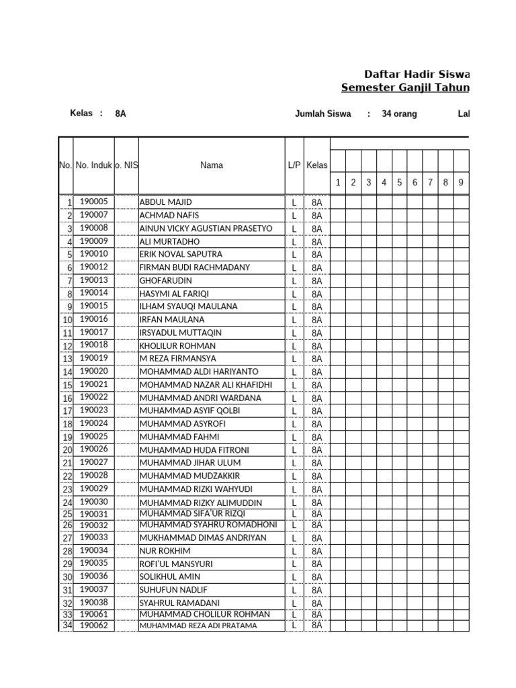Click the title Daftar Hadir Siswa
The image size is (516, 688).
click(417, 74)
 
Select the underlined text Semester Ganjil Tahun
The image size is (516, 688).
click(405, 87)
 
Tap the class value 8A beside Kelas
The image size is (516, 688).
click(120, 114)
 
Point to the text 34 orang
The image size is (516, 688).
click(399, 114)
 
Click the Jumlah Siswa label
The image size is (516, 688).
click(322, 114)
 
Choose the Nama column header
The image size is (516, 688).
click(212, 165)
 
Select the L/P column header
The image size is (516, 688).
click(294, 165)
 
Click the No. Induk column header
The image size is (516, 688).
click(93, 165)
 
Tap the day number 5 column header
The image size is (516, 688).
click(399, 182)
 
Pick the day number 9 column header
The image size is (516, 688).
click(461, 182)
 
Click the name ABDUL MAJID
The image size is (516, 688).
click(165, 202)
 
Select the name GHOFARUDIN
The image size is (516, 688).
click(165, 280)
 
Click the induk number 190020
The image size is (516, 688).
click(93, 371)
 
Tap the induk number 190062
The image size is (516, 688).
click(93, 625)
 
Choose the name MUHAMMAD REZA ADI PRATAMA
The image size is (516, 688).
click(198, 626)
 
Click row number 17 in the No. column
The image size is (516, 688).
click(67, 411)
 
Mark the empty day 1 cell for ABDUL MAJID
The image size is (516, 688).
click(337, 202)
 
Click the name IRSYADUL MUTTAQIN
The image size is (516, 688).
click(180, 333)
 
